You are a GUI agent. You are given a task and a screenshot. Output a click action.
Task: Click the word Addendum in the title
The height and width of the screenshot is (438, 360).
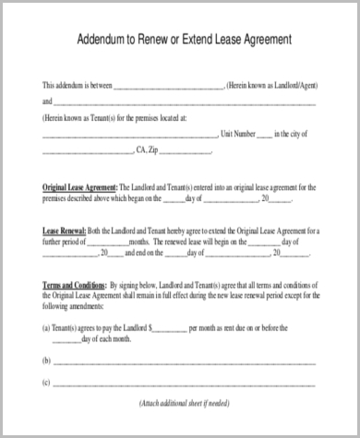(97, 41)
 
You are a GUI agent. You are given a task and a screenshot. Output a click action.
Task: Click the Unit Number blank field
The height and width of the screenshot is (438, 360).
(264, 135)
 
